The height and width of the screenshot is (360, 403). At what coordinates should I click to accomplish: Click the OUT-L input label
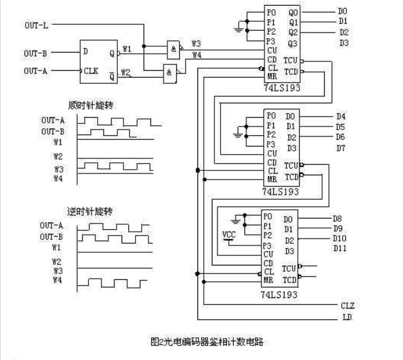click(36, 25)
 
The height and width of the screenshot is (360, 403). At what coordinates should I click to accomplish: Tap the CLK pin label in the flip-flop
click(92, 71)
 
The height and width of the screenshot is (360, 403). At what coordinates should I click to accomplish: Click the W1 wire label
click(127, 49)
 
